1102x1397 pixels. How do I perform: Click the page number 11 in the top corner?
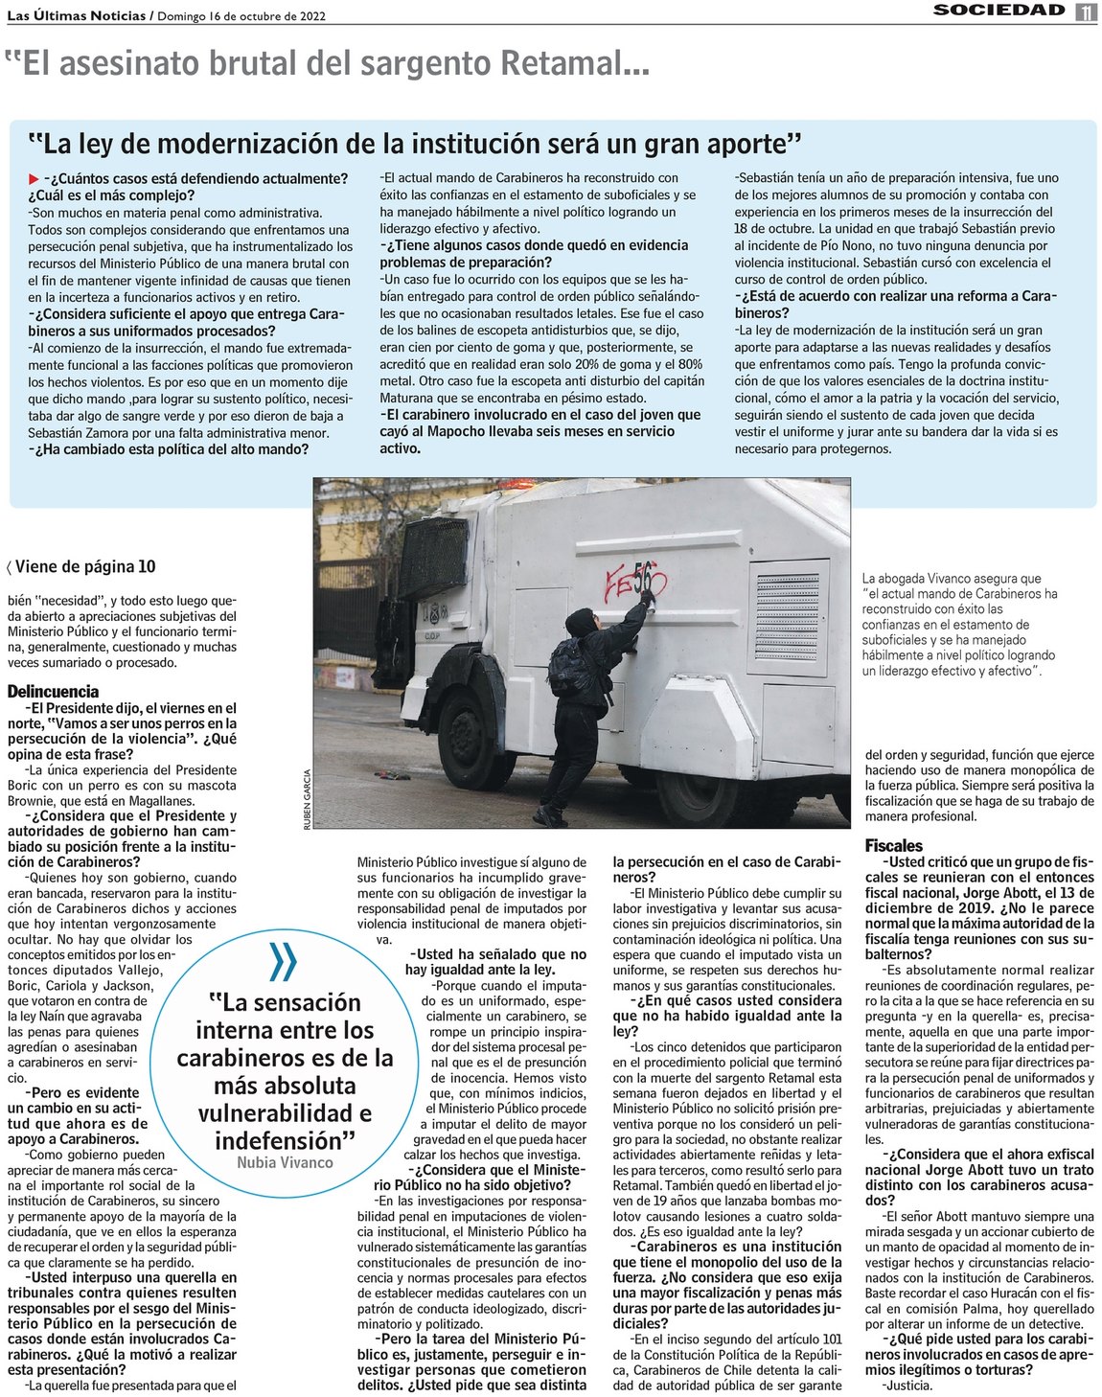click(x=1086, y=11)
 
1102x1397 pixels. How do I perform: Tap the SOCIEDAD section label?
click(x=999, y=11)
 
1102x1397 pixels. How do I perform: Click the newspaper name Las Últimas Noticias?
click(x=76, y=15)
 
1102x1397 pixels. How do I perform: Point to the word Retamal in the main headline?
click(x=560, y=63)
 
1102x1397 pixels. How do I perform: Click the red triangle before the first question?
click(x=34, y=179)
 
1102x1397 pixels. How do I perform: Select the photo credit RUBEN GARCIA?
click(x=308, y=799)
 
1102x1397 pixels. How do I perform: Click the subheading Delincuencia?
click(x=53, y=691)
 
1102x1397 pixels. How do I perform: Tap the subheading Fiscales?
click(x=893, y=846)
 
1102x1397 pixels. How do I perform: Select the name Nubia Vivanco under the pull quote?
click(x=285, y=1162)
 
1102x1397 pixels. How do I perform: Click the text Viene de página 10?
click(x=84, y=566)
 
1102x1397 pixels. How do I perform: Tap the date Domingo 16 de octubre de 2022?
click(x=241, y=15)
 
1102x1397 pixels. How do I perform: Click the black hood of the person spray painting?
click(x=580, y=622)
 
